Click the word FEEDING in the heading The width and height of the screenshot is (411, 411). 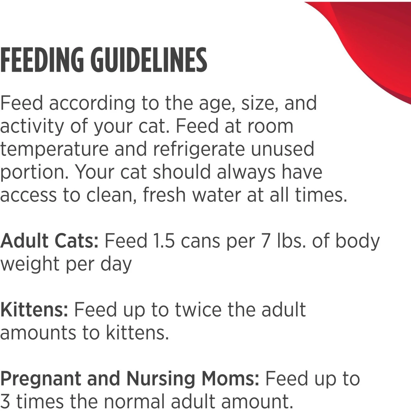[x=42, y=60]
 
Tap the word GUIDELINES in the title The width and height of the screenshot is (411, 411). [x=149, y=60]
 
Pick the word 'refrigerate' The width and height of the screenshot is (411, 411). [x=198, y=149]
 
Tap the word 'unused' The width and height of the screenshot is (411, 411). [x=282, y=149]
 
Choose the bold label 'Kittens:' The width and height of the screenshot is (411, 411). [x=34, y=310]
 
